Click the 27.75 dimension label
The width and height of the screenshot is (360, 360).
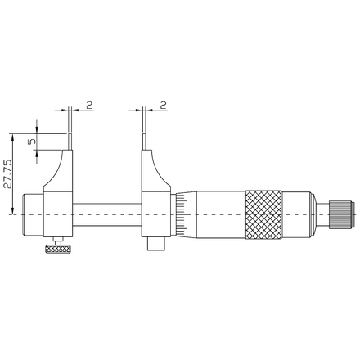click(x=8, y=174)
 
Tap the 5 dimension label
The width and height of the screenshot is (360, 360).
click(x=32, y=142)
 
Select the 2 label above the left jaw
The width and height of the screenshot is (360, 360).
click(x=89, y=105)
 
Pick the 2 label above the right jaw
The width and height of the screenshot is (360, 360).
click(x=164, y=105)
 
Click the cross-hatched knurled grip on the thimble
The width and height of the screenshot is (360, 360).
click(x=263, y=215)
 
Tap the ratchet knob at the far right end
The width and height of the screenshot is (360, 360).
click(x=342, y=214)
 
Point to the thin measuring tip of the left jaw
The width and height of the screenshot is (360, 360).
click(x=70, y=142)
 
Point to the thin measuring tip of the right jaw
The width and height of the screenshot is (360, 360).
click(x=144, y=142)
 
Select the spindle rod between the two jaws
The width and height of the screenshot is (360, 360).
click(x=107, y=214)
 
